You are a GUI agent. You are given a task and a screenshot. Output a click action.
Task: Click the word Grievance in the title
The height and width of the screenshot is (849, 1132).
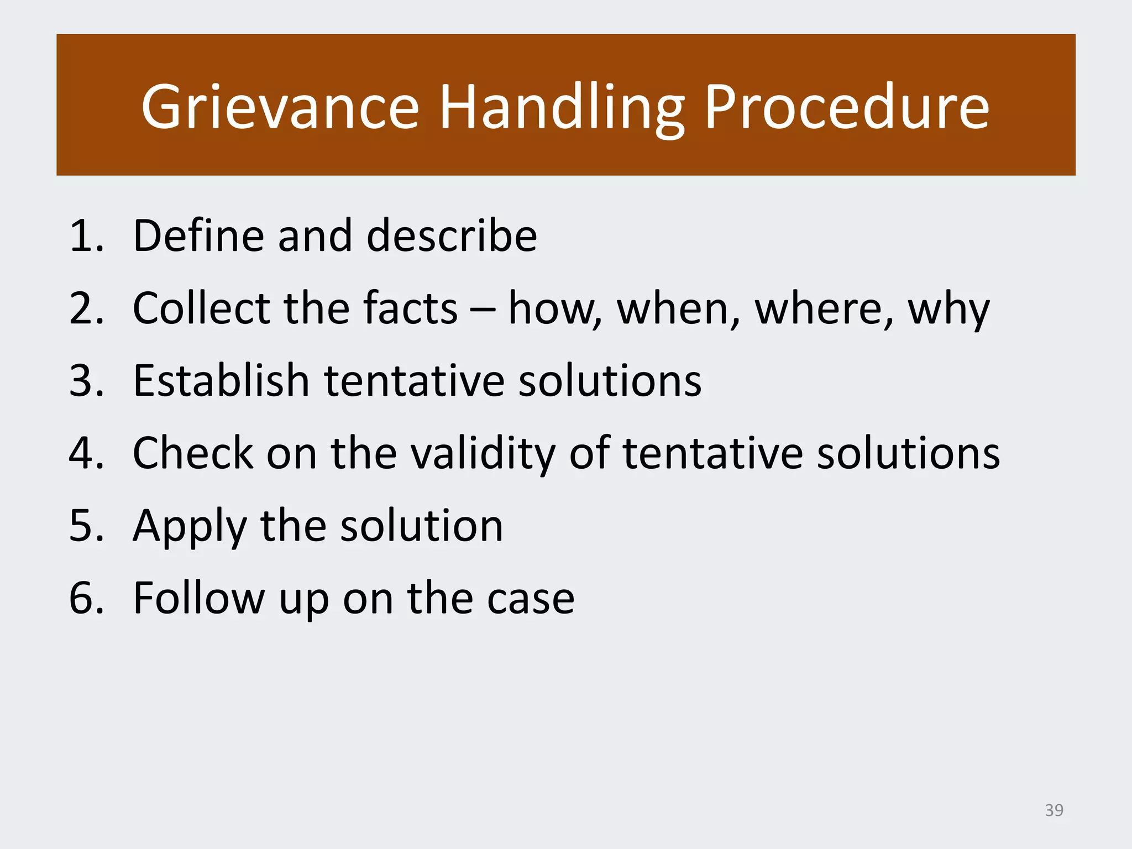(280, 108)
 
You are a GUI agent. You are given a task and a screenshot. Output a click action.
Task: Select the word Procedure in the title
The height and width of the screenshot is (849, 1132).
(846, 108)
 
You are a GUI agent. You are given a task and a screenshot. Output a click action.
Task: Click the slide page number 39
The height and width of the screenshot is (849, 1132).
(1054, 810)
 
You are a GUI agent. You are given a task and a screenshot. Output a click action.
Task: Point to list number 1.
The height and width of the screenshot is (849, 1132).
(86, 237)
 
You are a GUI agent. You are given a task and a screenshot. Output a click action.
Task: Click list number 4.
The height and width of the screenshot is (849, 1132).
(86, 454)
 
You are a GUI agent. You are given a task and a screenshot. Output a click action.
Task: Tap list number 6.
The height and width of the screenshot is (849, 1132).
(86, 599)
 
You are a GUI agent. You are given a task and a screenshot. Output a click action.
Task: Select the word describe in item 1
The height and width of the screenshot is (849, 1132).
(452, 237)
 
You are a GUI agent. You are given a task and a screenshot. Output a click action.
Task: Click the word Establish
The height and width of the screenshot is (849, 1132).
(221, 381)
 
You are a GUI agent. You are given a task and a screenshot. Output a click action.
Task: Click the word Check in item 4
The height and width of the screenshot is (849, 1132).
(193, 454)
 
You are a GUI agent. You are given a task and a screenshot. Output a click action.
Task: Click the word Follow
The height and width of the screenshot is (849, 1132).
(199, 599)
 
